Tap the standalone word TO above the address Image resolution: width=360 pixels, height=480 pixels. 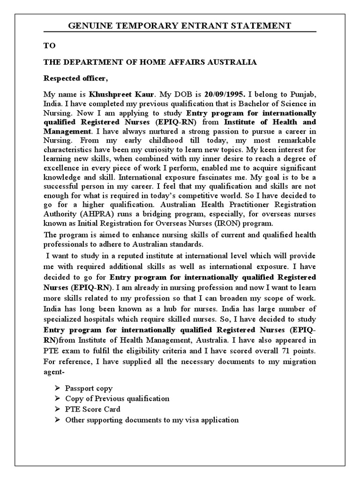(50, 45)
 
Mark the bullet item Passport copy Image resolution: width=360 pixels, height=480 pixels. (89, 389)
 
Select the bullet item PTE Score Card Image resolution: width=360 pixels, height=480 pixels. (93, 409)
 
